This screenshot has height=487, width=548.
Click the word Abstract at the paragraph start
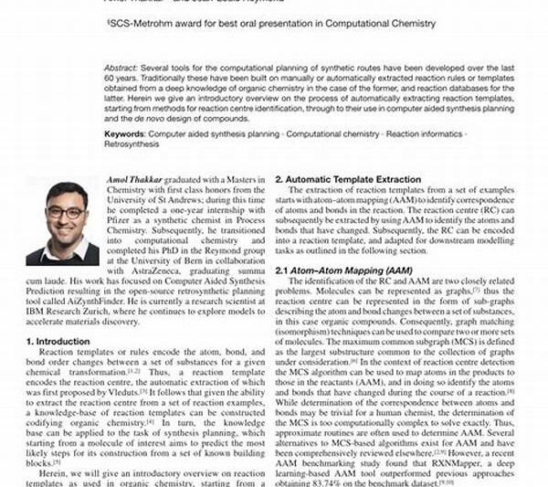121,69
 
